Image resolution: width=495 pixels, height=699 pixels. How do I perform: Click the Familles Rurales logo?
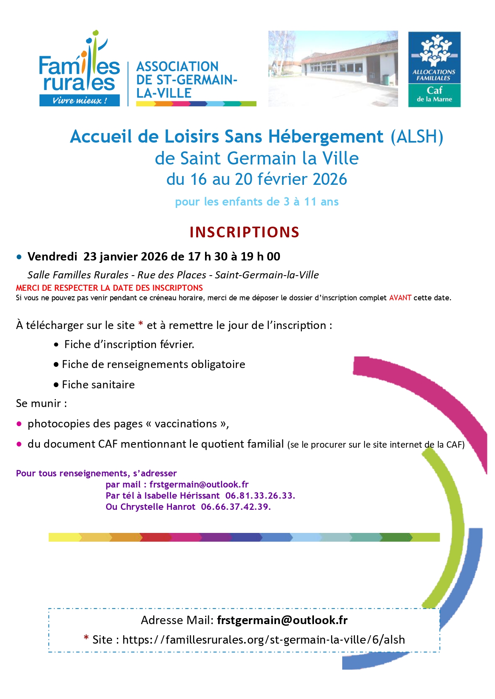[79, 70]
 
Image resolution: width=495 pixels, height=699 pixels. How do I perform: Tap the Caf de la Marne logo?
[434, 69]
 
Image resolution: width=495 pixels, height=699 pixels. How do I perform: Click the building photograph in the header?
[333, 69]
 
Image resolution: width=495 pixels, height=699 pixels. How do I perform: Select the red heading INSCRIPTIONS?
[244, 232]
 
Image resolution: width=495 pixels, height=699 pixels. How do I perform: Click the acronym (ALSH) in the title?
[416, 137]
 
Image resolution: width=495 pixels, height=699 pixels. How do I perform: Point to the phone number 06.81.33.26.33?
[260, 495]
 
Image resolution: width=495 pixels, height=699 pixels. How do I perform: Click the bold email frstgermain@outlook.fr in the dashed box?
[282, 620]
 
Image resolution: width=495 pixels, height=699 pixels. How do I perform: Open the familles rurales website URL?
[263, 640]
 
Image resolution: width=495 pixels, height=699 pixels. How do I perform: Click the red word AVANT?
[400, 298]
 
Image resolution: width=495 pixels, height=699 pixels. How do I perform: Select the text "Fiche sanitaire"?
[98, 384]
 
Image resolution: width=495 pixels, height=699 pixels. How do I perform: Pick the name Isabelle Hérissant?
[182, 495]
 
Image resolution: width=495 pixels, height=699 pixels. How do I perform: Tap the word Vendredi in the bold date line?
[52, 256]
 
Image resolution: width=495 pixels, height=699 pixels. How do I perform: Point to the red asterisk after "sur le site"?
[140, 324]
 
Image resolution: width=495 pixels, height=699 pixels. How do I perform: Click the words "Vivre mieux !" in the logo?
[79, 100]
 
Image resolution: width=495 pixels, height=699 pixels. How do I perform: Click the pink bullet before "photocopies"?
[19, 424]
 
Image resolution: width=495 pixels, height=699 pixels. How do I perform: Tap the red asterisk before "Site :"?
[86, 638]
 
